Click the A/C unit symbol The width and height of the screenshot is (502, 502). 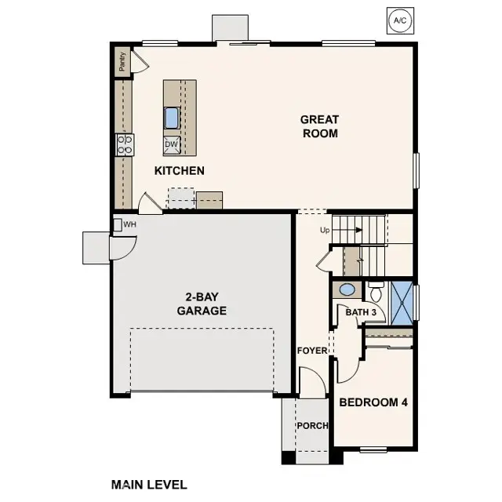(399, 20)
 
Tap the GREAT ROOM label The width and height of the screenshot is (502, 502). (319, 126)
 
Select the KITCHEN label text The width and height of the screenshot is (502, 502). (179, 170)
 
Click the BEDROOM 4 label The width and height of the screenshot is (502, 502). (373, 402)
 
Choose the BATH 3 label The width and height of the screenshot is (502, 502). (362, 312)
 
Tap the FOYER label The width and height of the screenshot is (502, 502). (312, 350)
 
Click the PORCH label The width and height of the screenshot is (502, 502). (311, 426)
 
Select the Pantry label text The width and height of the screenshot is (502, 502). (122, 62)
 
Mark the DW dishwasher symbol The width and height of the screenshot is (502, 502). (172, 144)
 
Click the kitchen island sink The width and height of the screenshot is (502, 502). (172, 118)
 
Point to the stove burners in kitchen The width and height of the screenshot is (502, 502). (125, 144)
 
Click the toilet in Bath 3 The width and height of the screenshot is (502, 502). (376, 293)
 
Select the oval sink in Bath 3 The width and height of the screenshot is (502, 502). (347, 289)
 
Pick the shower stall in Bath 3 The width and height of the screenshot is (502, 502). (402, 303)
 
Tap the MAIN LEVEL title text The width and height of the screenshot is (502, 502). (149, 485)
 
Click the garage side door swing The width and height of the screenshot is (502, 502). (120, 248)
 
